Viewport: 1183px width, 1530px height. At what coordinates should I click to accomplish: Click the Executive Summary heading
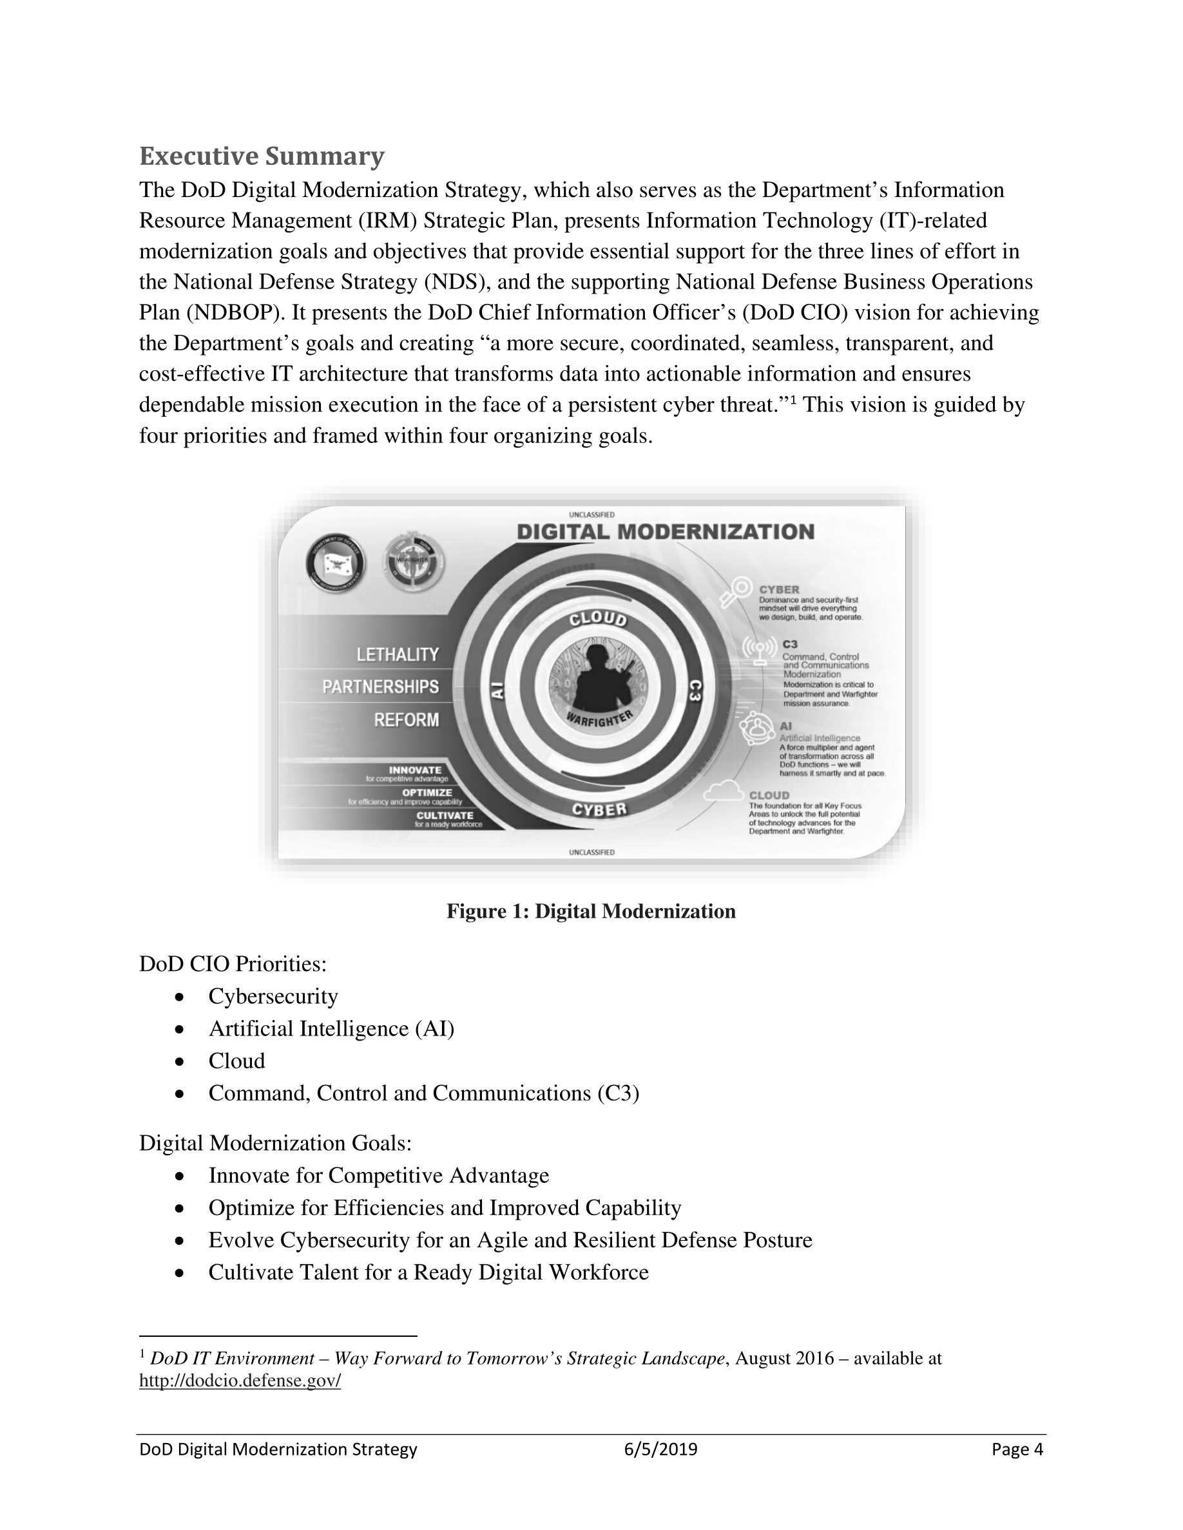point(262,156)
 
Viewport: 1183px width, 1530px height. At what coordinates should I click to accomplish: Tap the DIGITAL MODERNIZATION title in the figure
point(665,532)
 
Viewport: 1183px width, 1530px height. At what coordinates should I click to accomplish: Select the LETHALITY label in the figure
point(398,654)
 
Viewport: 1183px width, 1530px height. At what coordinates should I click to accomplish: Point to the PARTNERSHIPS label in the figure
point(381,686)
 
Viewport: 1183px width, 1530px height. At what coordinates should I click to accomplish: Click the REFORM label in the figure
point(407,719)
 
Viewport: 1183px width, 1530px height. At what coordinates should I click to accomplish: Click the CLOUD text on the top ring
point(598,619)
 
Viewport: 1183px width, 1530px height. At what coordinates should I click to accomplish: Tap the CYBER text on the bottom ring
point(599,810)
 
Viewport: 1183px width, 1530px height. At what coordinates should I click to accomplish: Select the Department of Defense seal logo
point(336,563)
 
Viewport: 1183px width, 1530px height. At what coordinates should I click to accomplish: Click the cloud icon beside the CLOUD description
point(723,791)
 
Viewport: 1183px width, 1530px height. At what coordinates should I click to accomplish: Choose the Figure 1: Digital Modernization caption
point(591,911)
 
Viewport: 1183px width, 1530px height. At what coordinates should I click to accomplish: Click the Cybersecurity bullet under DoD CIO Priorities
point(273,996)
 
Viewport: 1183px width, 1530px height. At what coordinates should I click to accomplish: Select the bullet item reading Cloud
point(236,1061)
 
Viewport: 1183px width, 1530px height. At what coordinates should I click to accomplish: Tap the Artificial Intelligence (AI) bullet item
point(331,1028)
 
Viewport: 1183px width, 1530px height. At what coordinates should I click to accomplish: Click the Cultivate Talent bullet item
point(428,1272)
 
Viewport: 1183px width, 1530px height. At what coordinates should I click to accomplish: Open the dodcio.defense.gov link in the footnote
point(240,1380)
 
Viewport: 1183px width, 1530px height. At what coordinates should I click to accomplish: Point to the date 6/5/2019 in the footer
point(661,1450)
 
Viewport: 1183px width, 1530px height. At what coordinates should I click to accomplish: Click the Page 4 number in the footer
point(1017,1450)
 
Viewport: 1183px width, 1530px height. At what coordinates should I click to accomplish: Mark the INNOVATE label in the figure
point(415,770)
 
